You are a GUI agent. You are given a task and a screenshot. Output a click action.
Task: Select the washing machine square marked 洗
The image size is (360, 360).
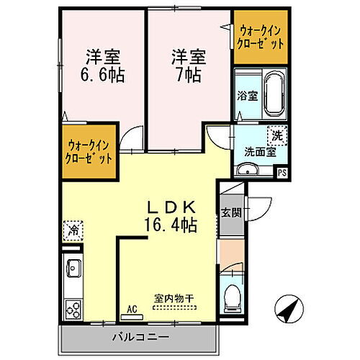[x=276, y=135]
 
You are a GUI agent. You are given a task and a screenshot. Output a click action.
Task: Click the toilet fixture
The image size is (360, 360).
[x=232, y=295]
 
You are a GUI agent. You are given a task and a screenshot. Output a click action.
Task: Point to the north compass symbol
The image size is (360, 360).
[x=288, y=311]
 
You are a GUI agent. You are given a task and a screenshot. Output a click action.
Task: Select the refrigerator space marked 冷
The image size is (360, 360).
[x=73, y=230]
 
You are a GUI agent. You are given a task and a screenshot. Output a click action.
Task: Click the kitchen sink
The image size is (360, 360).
[x=74, y=269]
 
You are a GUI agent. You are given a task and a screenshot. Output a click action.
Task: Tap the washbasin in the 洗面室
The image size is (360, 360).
[x=248, y=170]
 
